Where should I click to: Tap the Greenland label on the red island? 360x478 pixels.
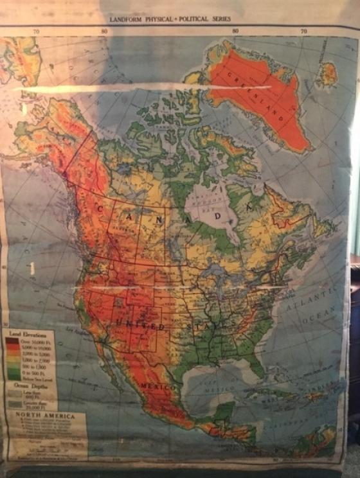pos(264,95)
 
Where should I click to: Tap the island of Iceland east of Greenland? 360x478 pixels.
pos(328,74)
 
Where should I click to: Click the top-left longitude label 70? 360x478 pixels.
pos(37,31)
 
